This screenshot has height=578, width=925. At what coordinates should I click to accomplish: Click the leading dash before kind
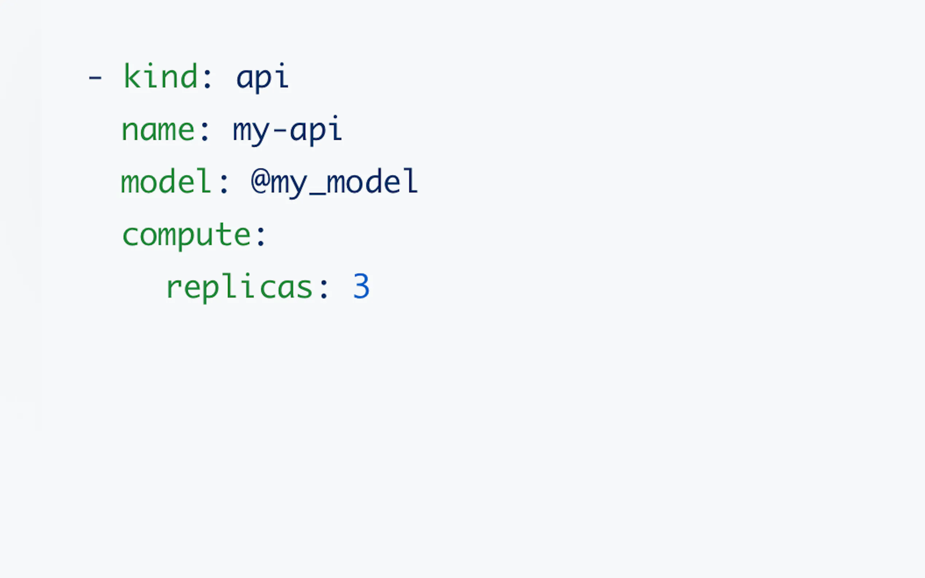(95, 78)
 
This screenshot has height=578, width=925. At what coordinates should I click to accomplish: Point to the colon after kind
(207, 79)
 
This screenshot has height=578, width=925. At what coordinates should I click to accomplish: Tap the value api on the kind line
(262, 78)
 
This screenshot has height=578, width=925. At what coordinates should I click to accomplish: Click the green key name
(158, 130)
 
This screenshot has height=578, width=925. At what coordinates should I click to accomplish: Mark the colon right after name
(205, 131)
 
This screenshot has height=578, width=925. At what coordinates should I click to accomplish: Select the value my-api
(287, 130)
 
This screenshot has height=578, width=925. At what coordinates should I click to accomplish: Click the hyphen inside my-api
(280, 130)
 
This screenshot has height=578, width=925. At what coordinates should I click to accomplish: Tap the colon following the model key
(224, 183)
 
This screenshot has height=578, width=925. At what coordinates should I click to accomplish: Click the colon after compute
(261, 236)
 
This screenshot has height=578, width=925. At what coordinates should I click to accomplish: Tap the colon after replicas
(323, 289)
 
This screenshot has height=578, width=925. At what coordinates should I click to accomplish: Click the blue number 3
(361, 286)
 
